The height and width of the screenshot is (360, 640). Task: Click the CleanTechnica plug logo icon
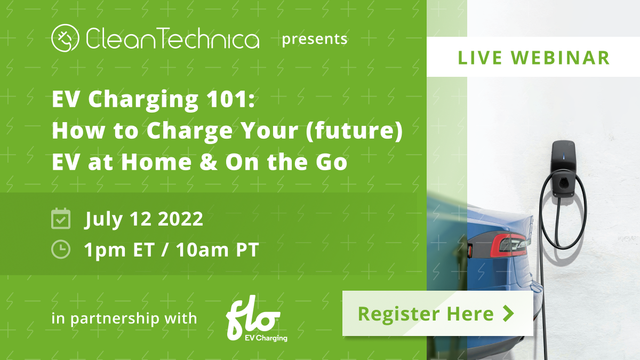[65, 38]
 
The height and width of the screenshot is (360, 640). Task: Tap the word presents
[315, 39]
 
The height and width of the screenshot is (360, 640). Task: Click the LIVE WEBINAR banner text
[534, 58]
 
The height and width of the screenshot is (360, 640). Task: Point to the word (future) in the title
[354, 131]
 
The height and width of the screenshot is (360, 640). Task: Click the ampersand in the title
[208, 162]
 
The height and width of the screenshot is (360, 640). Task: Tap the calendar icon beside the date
[61, 219]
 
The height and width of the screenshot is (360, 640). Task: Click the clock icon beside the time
[61, 250]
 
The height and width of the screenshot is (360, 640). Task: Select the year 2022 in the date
[180, 219]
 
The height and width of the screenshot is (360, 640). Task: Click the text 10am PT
[217, 250]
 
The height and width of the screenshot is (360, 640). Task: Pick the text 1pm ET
[119, 250]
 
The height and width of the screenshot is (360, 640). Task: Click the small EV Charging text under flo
[266, 338]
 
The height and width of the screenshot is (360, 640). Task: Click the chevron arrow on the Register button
[509, 314]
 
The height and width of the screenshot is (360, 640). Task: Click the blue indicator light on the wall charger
[564, 156]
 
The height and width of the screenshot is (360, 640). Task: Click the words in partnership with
[124, 318]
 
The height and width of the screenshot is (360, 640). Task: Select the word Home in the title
[156, 162]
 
